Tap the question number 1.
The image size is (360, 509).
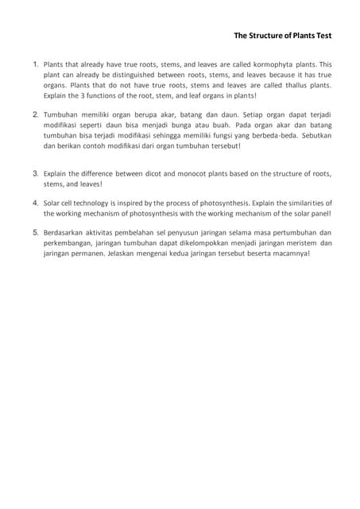click(x=36, y=64)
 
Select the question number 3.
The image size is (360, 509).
click(x=36, y=173)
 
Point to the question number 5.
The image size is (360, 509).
click(x=36, y=232)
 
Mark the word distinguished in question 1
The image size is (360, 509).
click(x=124, y=75)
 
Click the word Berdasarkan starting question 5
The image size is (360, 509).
click(x=67, y=233)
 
